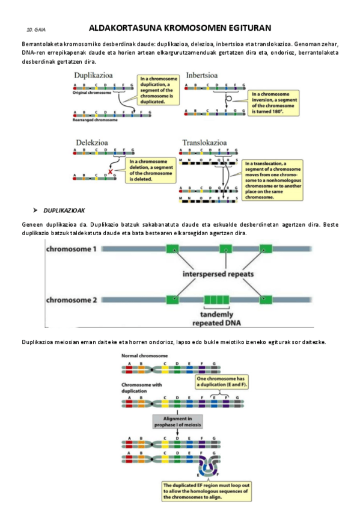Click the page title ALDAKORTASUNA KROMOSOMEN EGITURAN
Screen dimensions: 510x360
coord(180,28)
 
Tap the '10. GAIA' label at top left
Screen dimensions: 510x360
coord(37,29)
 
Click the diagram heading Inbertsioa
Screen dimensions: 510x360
coord(202,76)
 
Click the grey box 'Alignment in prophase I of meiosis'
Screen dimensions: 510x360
coord(178,421)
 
